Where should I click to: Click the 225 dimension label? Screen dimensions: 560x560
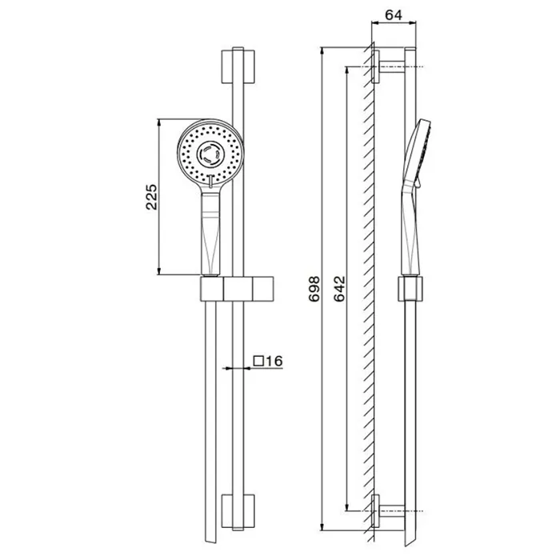point(151,197)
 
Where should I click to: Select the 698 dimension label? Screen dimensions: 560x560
point(314,289)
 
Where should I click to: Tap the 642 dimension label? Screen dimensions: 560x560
point(340,289)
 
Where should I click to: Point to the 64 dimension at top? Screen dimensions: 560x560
point(394,15)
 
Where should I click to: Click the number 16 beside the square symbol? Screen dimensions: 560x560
point(274,361)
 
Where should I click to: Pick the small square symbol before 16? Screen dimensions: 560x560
point(258,361)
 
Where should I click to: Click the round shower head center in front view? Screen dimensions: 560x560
point(210,154)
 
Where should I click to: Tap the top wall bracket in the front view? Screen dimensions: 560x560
point(238,66)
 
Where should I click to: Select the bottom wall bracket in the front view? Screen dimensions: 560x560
point(238,511)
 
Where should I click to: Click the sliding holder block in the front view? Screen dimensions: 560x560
point(237,289)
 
